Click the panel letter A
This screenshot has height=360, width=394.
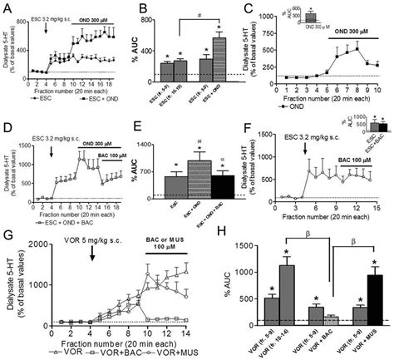[x=6, y=7]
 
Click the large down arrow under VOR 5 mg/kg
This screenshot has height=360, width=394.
[x=91, y=257]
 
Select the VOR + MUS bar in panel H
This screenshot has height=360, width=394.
[x=376, y=297]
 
